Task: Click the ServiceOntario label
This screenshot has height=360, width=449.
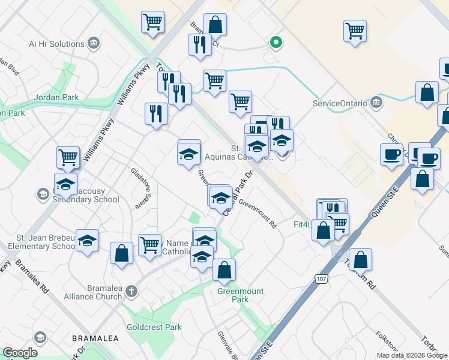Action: pyautogui.click(x=340, y=103)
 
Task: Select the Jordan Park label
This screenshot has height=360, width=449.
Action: pyautogui.click(x=57, y=97)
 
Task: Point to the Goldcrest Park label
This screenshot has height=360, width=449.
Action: pyautogui.click(x=154, y=328)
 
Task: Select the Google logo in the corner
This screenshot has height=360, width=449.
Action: pyautogui.click(x=20, y=353)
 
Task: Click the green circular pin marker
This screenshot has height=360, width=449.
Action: pyautogui.click(x=276, y=42)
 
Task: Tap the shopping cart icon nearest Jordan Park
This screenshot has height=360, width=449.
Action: pyautogui.click(x=68, y=157)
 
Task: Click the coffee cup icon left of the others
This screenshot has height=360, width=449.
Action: pyautogui.click(x=391, y=154)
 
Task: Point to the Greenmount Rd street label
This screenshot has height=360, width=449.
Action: pyautogui.click(x=258, y=214)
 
